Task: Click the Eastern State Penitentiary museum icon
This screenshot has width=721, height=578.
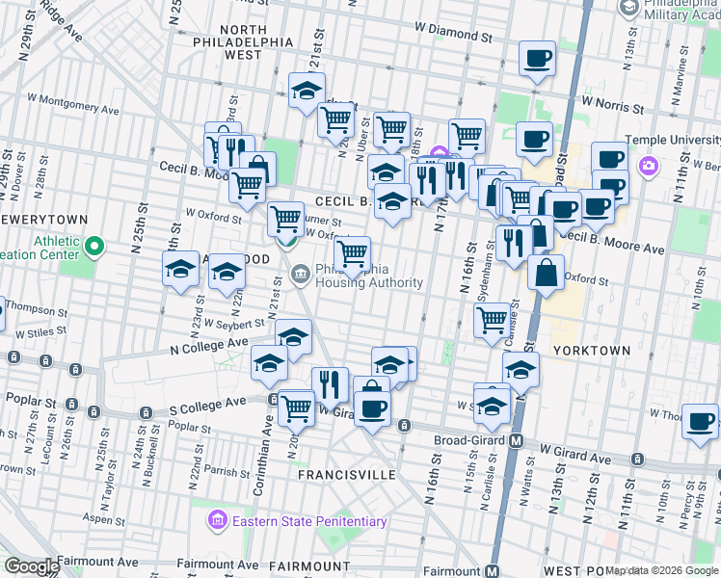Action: tap(217, 521)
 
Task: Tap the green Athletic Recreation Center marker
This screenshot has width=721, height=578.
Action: tap(93, 249)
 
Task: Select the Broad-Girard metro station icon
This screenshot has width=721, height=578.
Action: tap(516, 441)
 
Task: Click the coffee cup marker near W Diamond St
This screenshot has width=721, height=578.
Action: tap(537, 58)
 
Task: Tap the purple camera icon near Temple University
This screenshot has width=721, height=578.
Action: tap(648, 166)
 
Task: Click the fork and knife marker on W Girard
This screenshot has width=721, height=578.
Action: tap(330, 384)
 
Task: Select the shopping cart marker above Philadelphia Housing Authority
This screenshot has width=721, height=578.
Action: tap(352, 254)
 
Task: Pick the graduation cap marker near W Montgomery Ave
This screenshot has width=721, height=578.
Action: tap(307, 91)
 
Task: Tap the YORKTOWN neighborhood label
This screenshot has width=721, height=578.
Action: tap(591, 351)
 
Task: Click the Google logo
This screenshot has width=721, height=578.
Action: tap(32, 566)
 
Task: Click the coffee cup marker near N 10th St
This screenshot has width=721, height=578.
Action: tap(700, 420)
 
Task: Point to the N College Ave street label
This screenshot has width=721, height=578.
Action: tap(209, 343)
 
